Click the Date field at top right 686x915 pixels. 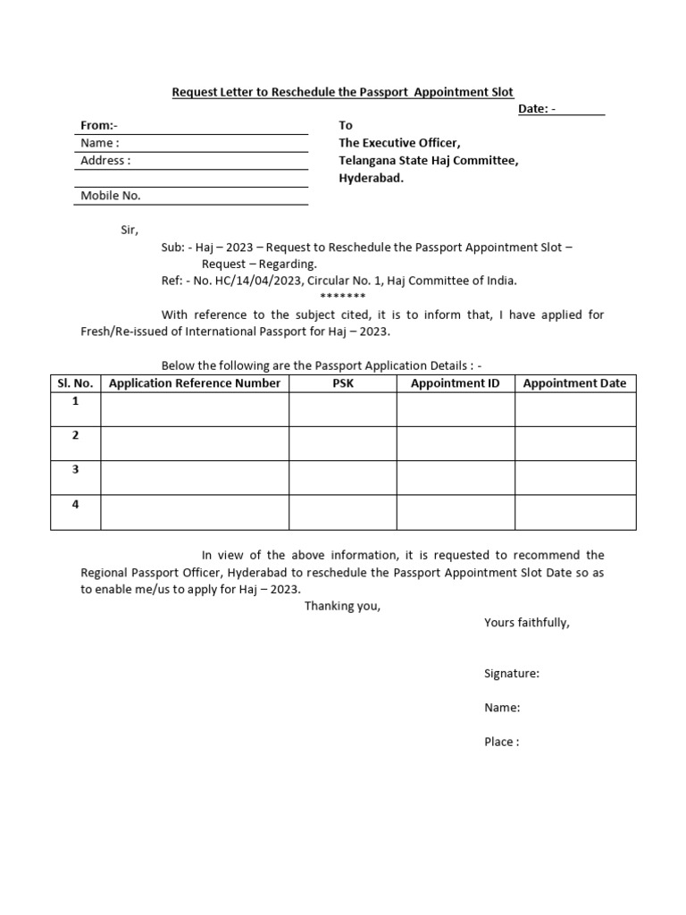point(582,109)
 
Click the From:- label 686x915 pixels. point(99,126)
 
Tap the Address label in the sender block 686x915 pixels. point(105,161)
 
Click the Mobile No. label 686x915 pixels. point(111,196)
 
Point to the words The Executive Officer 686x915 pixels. point(399,143)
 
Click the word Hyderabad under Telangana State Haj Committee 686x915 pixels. point(371,178)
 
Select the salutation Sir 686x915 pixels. point(130,230)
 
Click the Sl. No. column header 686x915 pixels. point(76,383)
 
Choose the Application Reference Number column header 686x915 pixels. point(195,383)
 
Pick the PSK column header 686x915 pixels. point(342,383)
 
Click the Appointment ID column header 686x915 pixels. point(456,383)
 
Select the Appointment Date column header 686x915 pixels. point(575,383)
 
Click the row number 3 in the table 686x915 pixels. point(76,469)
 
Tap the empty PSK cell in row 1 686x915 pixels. point(342,409)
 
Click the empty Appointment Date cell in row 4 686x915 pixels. point(575,513)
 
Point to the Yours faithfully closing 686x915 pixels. point(527,623)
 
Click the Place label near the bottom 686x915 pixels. point(501,742)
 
